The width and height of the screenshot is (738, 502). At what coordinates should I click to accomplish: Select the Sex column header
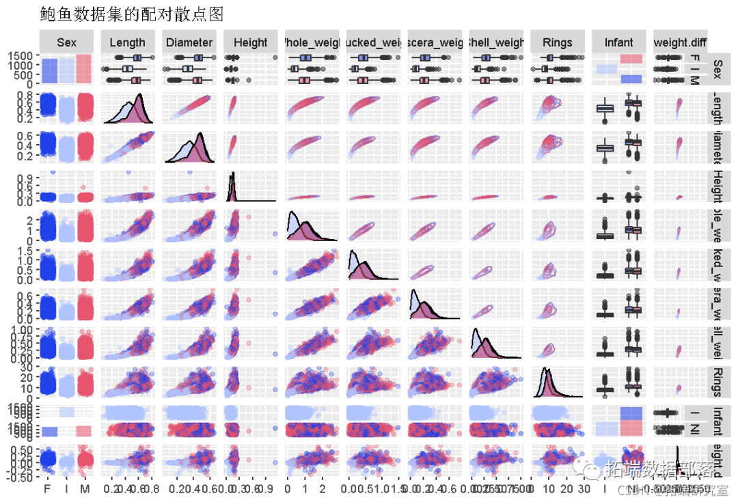[66, 42]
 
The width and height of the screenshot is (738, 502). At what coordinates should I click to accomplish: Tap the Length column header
[127, 42]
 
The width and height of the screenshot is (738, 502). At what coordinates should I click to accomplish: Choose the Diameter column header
[189, 42]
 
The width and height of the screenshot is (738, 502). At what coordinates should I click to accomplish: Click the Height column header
[250, 42]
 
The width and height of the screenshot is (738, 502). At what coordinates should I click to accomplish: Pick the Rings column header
[557, 42]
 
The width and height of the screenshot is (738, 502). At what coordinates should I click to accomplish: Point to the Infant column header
[618, 42]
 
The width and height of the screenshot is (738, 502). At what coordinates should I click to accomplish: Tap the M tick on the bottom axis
[85, 489]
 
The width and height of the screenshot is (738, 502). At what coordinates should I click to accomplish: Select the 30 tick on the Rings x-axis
[584, 489]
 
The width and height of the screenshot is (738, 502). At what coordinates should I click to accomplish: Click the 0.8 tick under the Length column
[154, 489]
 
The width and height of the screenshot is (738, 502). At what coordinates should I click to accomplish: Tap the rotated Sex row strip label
[717, 69]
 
